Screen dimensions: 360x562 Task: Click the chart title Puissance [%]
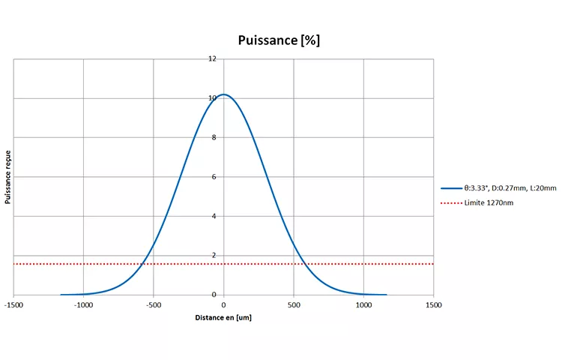[x=279, y=40]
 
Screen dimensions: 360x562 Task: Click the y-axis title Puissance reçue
[x=7, y=177]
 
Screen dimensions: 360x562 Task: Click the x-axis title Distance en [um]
[x=223, y=319]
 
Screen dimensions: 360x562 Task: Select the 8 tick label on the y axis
[x=214, y=137]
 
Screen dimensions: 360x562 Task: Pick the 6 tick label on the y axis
[x=214, y=177]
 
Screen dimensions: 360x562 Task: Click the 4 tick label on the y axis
[x=214, y=216]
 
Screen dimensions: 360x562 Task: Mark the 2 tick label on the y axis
[x=214, y=256]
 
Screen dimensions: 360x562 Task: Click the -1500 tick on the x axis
[x=13, y=304]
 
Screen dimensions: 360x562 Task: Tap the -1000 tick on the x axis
[x=83, y=304]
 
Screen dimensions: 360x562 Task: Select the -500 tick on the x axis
[x=154, y=304]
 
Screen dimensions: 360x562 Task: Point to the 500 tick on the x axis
[x=294, y=304]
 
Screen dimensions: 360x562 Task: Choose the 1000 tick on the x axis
[x=363, y=304]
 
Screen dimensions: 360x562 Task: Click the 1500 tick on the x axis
[x=434, y=304]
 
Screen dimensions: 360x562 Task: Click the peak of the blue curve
[x=223, y=94]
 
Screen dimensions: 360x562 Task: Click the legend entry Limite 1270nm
[x=489, y=202]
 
